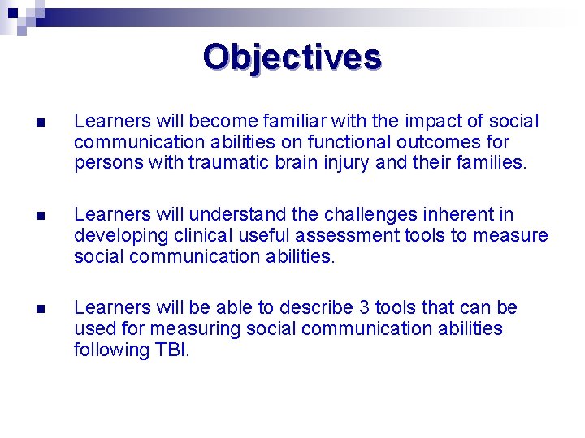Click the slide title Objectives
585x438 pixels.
pyautogui.click(x=292, y=58)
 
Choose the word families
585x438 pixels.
pyautogui.click(x=484, y=162)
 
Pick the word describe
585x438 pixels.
pyautogui.click(x=315, y=308)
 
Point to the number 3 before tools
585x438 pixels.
pyautogui.click(x=362, y=308)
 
